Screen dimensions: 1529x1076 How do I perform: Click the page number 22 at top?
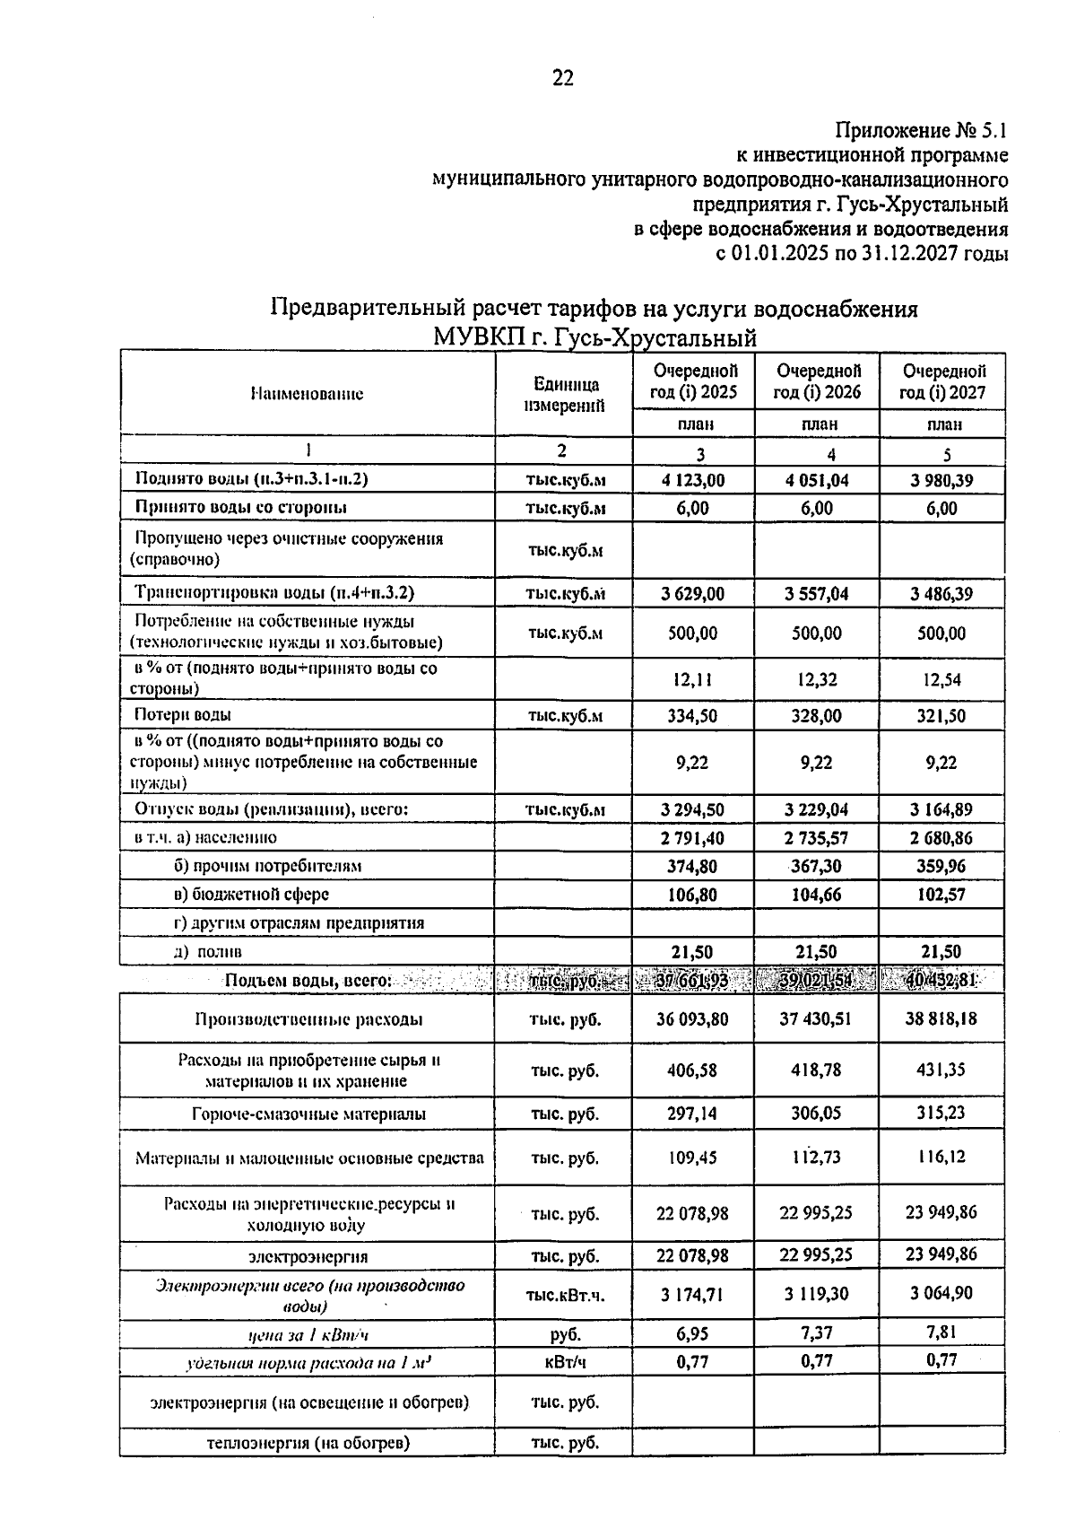[x=562, y=78]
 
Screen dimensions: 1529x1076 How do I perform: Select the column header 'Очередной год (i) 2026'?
[x=817, y=381]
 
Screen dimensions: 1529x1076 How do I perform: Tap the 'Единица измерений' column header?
[x=564, y=394]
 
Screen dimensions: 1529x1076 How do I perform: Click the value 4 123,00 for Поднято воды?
[x=693, y=480]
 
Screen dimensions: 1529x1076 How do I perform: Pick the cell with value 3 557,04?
[x=817, y=594]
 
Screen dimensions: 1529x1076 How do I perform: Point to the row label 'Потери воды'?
[x=183, y=715]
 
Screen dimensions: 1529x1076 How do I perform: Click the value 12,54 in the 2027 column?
[x=941, y=680]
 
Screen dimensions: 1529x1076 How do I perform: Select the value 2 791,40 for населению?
[x=692, y=838]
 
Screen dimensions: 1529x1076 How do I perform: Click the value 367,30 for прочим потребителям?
[x=817, y=867]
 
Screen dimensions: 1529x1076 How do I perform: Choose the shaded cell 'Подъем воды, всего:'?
[x=308, y=981]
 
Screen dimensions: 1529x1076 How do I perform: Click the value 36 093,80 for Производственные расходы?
[x=692, y=1019]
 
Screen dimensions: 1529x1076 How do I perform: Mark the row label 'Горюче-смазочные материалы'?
[x=308, y=1114]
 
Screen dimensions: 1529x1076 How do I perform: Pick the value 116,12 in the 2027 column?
[x=941, y=1157]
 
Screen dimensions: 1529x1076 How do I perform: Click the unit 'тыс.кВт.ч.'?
[x=565, y=1295]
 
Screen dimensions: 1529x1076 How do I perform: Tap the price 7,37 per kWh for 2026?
[x=817, y=1333]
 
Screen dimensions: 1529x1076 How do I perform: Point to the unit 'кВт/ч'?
[x=565, y=1362]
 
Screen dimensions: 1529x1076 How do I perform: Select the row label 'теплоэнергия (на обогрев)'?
[x=308, y=1444]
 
